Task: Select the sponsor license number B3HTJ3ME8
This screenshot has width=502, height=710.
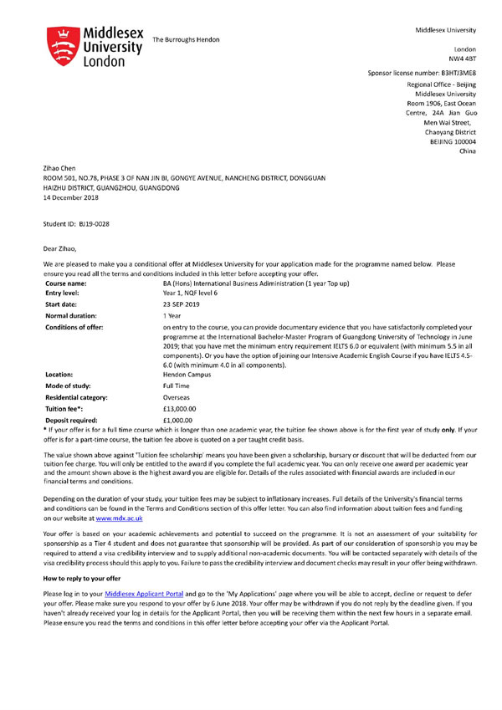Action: tap(446, 74)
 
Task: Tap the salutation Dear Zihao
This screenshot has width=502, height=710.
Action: tap(64, 248)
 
